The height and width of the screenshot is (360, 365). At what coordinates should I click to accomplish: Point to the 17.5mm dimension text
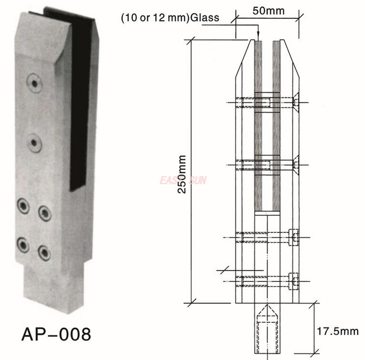tap(340, 330)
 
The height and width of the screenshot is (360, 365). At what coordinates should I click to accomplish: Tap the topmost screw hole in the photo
tap(36, 83)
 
